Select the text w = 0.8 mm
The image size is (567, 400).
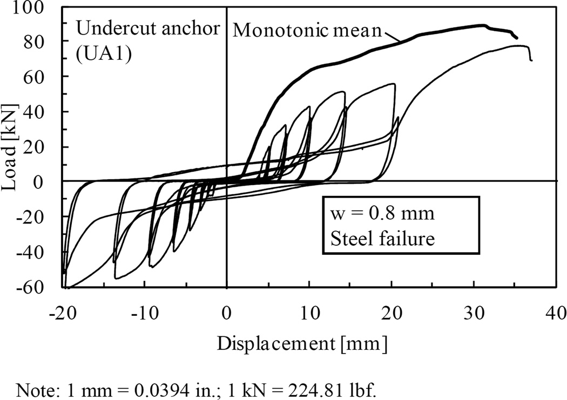tap(381, 214)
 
